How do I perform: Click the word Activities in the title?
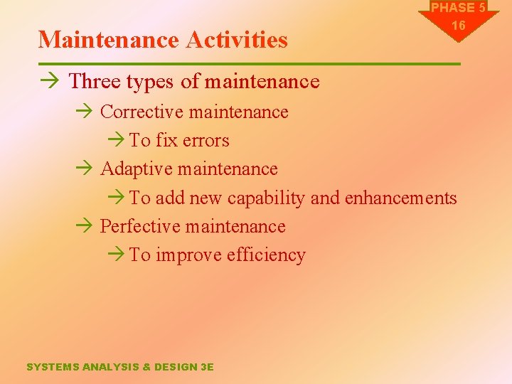pyautogui.click(x=237, y=40)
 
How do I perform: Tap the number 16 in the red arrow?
pyautogui.click(x=459, y=26)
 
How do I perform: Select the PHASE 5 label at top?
pyautogui.click(x=459, y=8)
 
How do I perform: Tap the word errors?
pyautogui.click(x=206, y=141)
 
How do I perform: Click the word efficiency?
pyautogui.click(x=266, y=255)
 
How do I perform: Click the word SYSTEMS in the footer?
pyautogui.click(x=53, y=367)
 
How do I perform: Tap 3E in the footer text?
pyautogui.click(x=207, y=367)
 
